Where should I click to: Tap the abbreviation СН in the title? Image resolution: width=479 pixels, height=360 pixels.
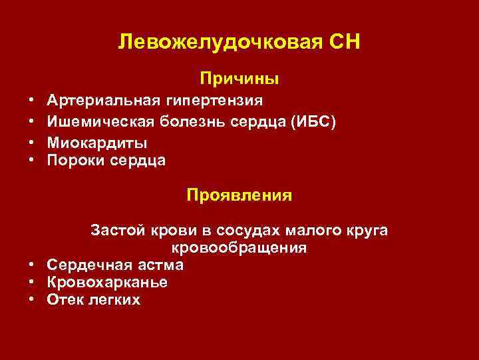click(x=344, y=42)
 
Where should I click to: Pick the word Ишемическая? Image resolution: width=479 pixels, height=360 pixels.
click(x=98, y=121)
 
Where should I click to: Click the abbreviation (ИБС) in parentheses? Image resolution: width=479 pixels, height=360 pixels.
click(x=313, y=121)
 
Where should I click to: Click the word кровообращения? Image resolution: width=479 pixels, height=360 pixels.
click(x=239, y=248)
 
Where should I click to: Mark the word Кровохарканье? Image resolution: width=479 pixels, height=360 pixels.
click(x=107, y=283)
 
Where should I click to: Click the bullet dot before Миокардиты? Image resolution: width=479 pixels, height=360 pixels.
click(x=31, y=142)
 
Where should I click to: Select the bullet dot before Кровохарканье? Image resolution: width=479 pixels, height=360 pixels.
click(x=31, y=283)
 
